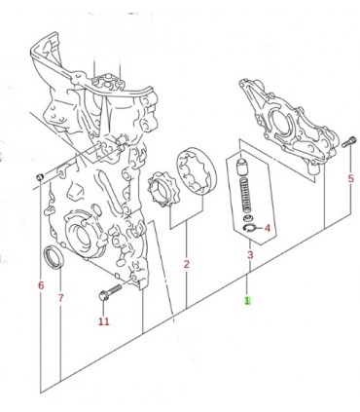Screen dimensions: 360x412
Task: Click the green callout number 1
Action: pos(247,300)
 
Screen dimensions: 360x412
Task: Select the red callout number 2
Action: pos(186,264)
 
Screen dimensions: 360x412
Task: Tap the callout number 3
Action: pos(250,255)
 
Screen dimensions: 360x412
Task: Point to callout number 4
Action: pos(267,228)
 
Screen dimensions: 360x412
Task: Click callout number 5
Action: pos(351,178)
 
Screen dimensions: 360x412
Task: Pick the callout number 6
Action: pos(41,285)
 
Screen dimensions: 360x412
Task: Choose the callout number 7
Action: pos(60,298)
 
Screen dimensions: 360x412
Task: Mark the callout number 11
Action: pos(104,321)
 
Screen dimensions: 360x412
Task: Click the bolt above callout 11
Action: pos(109,291)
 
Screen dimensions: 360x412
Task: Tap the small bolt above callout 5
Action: pos(349,142)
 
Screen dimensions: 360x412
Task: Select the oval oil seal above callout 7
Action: pos(54,257)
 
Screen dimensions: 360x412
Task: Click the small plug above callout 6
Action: pos(40,177)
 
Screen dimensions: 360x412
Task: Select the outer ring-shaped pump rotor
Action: pos(197,172)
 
